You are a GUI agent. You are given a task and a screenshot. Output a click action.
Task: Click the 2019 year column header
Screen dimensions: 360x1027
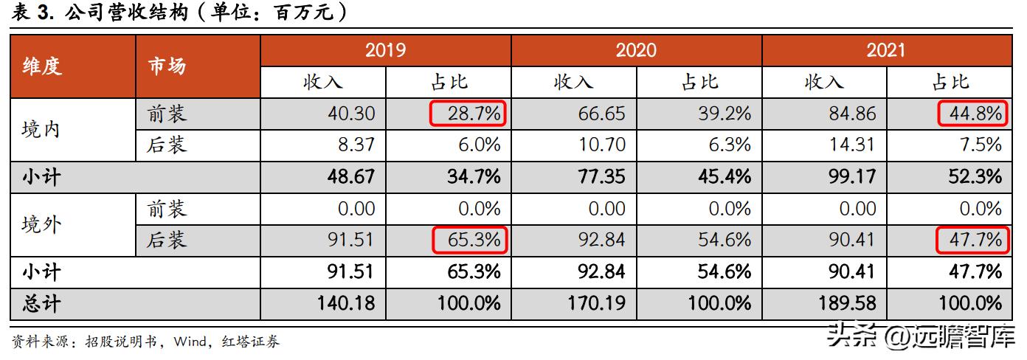click(385, 50)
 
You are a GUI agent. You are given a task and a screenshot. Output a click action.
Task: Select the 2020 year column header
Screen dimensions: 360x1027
click(636, 50)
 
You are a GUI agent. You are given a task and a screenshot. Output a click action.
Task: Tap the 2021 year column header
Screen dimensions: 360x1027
click(885, 50)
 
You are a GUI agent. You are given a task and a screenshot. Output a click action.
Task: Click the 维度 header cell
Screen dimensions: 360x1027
click(42, 66)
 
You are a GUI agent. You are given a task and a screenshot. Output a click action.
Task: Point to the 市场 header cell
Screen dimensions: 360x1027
click(167, 66)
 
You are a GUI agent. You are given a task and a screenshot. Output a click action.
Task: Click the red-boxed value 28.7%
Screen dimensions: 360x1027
click(468, 114)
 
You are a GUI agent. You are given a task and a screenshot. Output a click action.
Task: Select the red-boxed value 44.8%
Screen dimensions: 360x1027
click(970, 114)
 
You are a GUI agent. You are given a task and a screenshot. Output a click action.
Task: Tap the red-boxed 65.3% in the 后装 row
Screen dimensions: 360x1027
click(468, 240)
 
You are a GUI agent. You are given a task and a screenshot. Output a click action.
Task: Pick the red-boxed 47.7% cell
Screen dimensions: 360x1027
click(970, 240)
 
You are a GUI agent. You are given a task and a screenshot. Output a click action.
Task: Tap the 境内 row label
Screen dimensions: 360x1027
click(41, 129)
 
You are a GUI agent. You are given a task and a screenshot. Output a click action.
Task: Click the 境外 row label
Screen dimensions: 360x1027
click(41, 224)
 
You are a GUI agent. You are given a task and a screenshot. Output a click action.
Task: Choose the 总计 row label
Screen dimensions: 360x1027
click(41, 302)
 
